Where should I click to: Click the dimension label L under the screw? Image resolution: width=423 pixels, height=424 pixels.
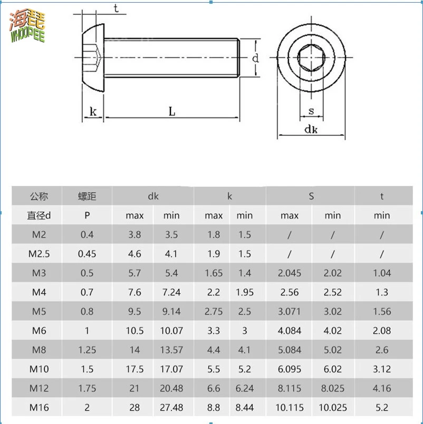coord(172,111)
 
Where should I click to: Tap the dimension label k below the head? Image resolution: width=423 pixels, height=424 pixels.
coord(93,111)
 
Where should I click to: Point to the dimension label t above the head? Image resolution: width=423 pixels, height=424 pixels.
coord(116,7)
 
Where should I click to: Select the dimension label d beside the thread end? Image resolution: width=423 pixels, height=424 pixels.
coord(255,58)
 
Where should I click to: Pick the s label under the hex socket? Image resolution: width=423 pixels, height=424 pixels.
coord(311,111)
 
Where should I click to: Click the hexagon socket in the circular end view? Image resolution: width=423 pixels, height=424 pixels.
coord(311,58)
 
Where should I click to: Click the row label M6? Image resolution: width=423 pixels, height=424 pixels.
coord(39,331)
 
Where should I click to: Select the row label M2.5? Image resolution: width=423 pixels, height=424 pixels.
coord(39,254)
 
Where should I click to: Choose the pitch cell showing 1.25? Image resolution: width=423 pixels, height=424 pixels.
coord(87,350)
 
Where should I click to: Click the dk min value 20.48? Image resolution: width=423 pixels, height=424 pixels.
coord(171,388)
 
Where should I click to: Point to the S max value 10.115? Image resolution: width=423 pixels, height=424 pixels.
coord(289,408)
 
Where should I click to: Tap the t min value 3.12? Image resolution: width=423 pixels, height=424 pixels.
coord(382,369)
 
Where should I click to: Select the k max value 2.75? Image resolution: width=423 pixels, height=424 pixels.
coord(214,311)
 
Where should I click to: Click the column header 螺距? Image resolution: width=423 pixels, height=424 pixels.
coord(87,196)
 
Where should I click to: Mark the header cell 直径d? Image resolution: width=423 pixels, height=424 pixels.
coord(39,215)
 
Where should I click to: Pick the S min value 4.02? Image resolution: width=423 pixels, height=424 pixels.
coord(332,331)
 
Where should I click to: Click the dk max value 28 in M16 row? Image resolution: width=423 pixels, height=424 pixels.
coord(134,408)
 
